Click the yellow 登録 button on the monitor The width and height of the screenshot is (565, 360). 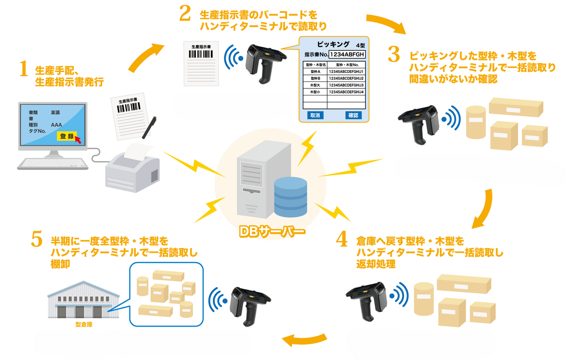[x=67, y=136]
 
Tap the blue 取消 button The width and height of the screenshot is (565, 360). [x=314, y=115]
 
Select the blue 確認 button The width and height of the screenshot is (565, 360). [x=353, y=115]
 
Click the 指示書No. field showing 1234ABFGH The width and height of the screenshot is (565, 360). [x=347, y=55]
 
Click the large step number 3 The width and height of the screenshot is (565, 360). [x=394, y=54]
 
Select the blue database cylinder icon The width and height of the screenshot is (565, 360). [x=291, y=197]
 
